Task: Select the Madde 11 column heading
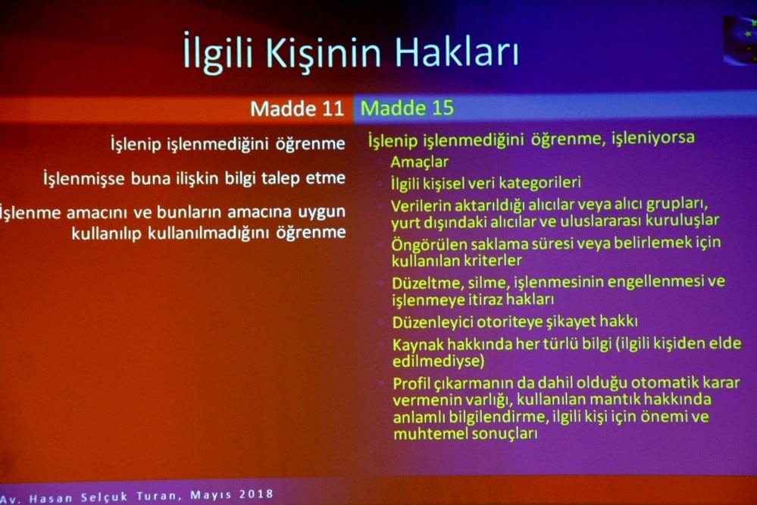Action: pos(296,108)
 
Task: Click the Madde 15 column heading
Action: pos(407,108)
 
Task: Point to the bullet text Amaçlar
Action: pos(420,162)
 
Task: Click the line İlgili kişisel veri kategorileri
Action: pos(486,183)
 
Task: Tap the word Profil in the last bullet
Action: pos(414,383)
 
